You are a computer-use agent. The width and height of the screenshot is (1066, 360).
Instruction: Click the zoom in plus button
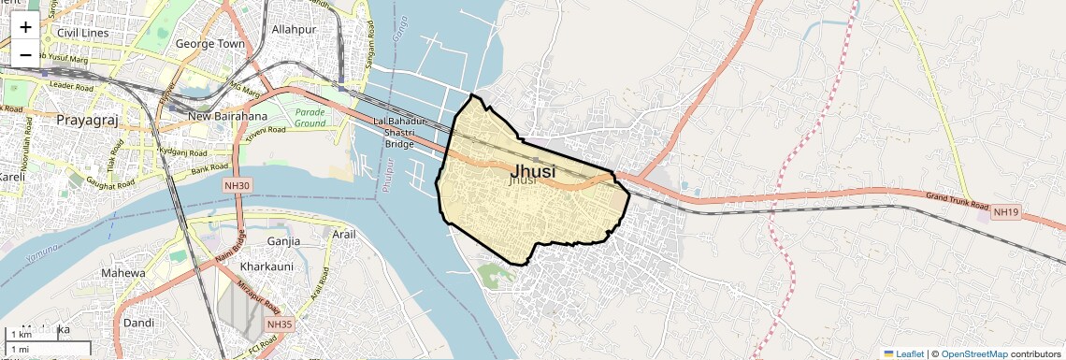pos(25,27)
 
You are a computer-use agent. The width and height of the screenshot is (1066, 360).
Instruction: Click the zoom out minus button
pos(25,54)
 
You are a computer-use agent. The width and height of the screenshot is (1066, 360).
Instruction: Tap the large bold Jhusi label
pos(534,171)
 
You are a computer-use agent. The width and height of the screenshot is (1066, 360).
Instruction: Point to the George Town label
pos(209,44)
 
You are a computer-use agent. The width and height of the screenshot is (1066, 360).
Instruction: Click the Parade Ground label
pos(310,117)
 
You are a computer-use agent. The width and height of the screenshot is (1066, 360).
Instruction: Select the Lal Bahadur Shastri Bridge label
pos(399,133)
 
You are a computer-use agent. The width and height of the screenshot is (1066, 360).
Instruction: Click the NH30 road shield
pos(238,186)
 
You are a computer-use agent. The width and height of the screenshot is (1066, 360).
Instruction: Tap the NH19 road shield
pos(1005,212)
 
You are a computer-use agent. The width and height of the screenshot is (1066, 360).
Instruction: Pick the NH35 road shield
pos(279,324)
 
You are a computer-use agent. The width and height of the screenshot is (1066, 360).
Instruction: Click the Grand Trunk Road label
pos(957,199)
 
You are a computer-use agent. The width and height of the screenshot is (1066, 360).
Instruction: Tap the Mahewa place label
pos(123,273)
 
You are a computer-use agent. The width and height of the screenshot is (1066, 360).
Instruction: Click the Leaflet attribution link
pos(903,353)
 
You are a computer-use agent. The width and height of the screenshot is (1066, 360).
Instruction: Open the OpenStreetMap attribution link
pos(973,353)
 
